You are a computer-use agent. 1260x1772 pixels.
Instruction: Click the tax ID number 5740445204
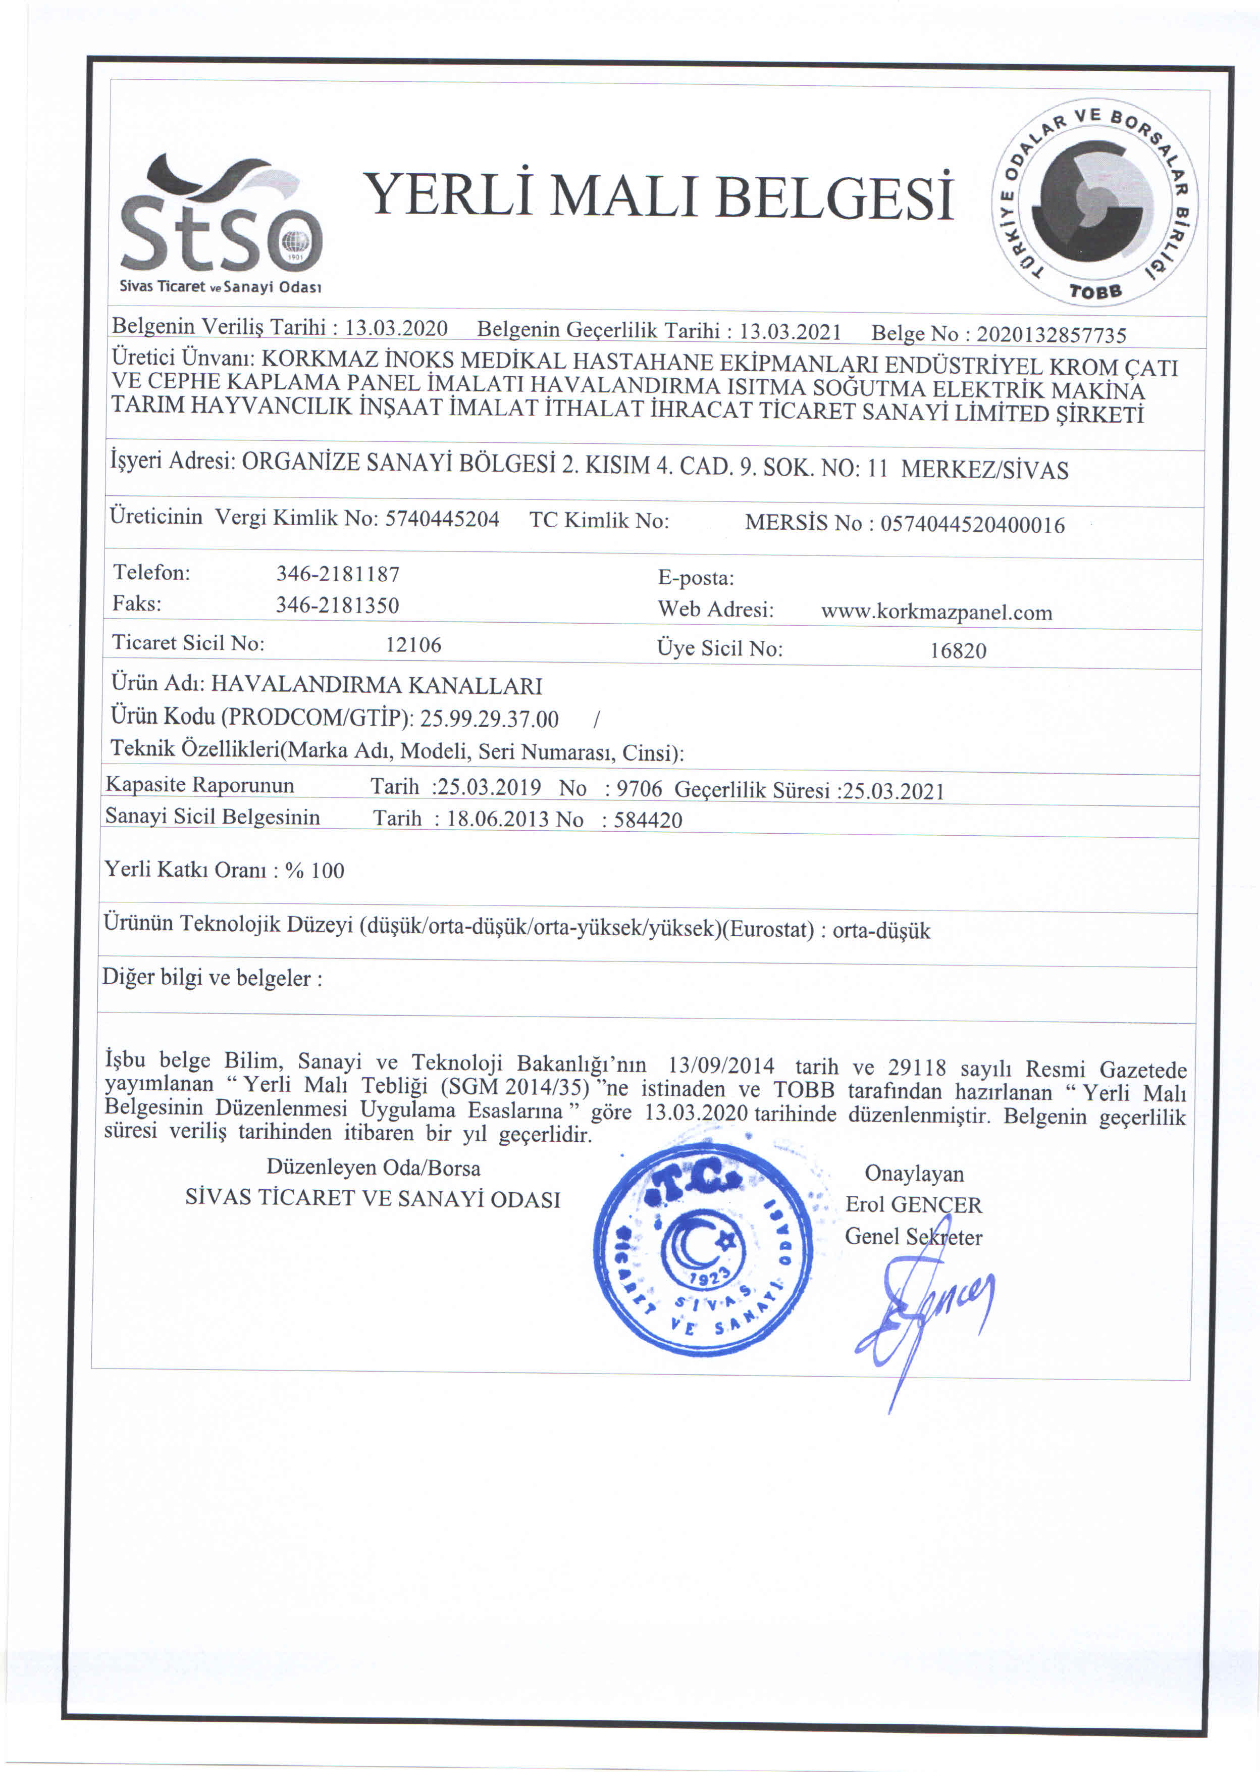click(x=442, y=519)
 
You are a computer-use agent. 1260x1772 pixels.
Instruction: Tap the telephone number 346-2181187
click(x=338, y=574)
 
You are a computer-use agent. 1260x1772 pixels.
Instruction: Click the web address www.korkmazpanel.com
click(x=936, y=613)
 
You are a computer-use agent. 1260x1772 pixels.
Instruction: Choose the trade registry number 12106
click(x=413, y=645)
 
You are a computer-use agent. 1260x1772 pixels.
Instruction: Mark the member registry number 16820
click(x=958, y=650)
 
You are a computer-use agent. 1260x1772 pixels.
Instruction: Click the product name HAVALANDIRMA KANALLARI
click(x=377, y=685)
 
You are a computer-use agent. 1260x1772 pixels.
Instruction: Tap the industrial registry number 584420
click(x=648, y=820)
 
